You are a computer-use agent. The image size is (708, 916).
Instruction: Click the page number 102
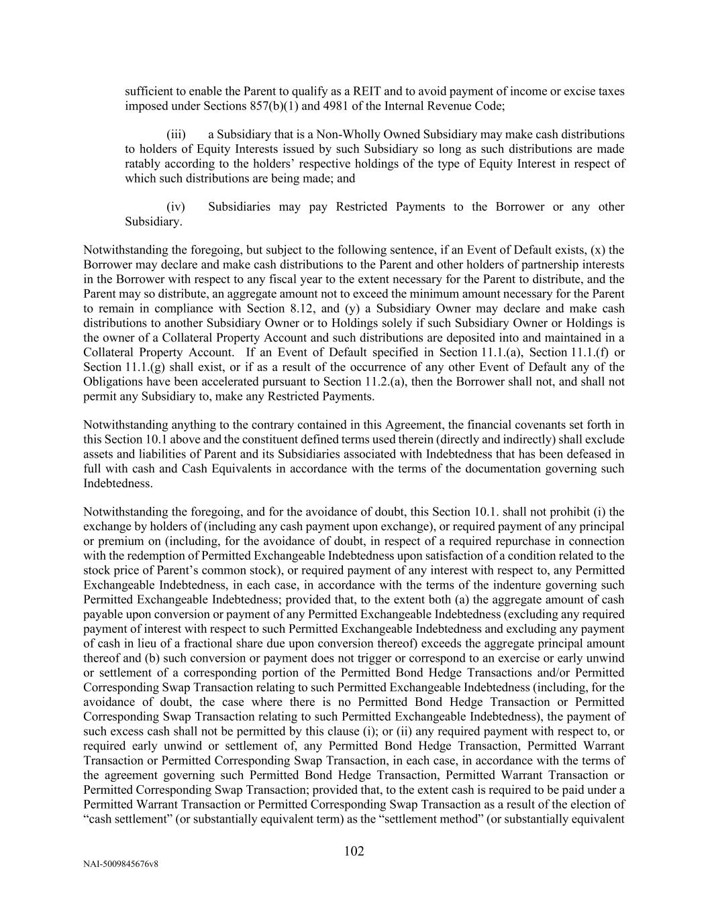pos(354,852)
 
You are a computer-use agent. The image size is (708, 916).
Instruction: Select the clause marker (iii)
pos(176,135)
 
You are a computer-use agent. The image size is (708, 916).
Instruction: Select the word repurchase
pos(486,542)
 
